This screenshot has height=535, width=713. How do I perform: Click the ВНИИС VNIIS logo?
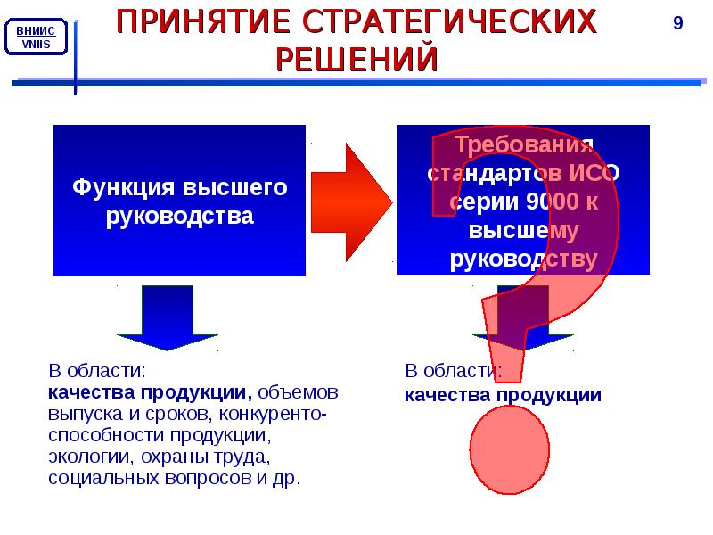point(36,39)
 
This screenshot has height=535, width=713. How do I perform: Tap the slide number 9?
point(677,23)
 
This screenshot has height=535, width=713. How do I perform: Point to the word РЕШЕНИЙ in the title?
point(356,60)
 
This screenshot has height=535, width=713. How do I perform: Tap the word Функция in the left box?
point(124,188)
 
